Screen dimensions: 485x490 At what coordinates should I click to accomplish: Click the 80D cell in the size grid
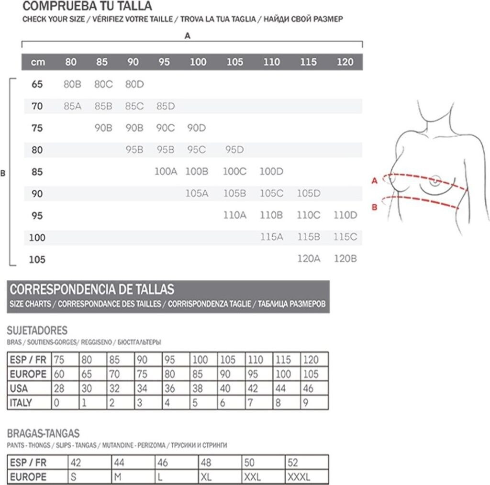134,84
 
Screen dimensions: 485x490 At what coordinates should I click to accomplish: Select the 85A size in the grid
72,106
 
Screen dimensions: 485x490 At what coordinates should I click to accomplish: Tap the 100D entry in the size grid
271,172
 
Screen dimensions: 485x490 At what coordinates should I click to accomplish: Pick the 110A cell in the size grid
234,215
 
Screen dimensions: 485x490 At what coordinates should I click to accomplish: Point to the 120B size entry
345,259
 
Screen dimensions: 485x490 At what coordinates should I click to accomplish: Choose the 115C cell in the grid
345,237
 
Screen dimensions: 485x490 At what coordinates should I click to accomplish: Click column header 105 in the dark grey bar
234,62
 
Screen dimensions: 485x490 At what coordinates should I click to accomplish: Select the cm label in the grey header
38,62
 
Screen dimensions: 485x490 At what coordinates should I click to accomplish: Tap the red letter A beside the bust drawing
375,181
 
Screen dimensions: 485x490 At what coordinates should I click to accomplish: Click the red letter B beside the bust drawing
375,207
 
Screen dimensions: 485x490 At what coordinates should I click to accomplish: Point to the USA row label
19,388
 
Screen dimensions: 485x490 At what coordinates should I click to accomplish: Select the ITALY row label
21,402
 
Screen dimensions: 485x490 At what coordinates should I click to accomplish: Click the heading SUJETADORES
37,331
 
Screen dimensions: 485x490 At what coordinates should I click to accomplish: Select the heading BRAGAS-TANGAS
43,434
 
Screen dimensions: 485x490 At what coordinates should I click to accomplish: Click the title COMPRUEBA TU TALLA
88,6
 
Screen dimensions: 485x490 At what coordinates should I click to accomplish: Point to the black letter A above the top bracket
188,35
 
